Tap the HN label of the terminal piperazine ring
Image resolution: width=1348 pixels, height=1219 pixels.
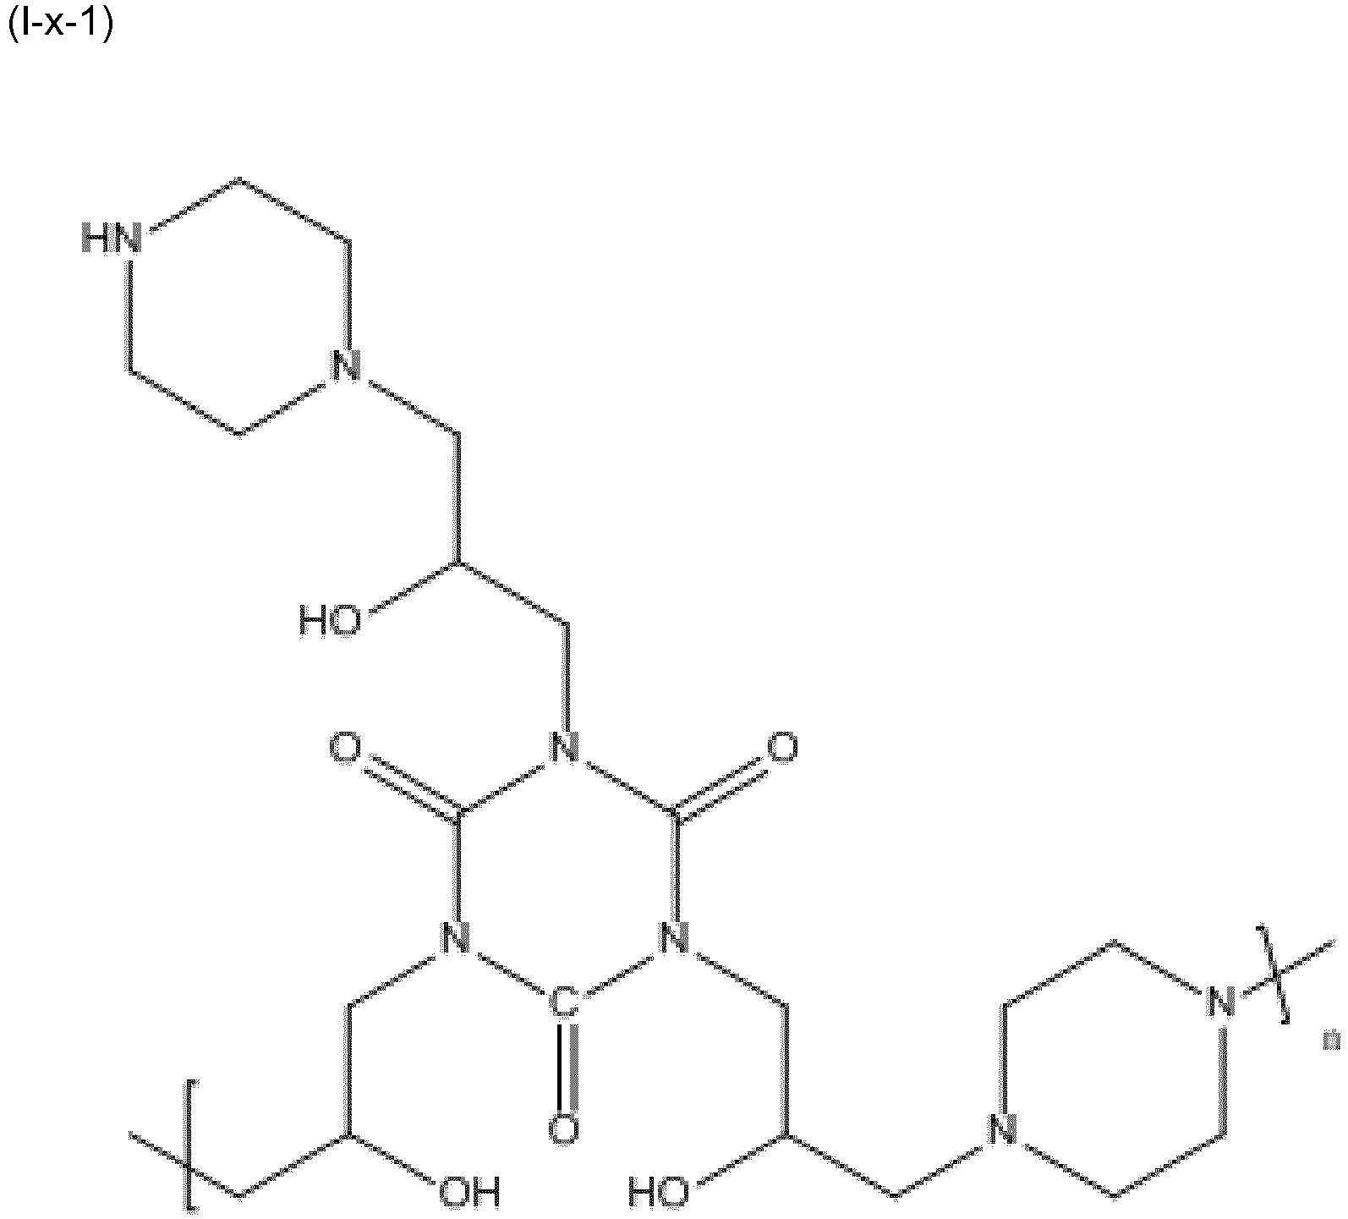(x=109, y=238)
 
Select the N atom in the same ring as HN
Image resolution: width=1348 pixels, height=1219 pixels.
(x=344, y=367)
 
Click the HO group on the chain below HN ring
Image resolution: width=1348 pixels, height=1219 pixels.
(x=330, y=622)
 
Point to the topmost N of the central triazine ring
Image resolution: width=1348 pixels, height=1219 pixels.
(x=564, y=748)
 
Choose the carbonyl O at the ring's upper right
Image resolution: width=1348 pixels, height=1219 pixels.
(x=782, y=749)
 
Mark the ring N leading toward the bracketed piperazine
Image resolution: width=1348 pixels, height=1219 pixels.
(x=674, y=938)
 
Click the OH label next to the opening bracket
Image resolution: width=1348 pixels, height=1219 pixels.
(x=469, y=1191)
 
